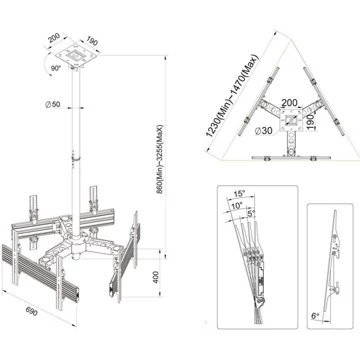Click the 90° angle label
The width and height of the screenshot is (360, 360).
pyautogui.click(x=55, y=68)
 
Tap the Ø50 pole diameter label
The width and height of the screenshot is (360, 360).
pyautogui.click(x=53, y=104)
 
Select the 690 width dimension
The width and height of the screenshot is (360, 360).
pyautogui.click(x=32, y=312)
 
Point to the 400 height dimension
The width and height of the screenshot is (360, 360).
pyautogui.click(x=156, y=276)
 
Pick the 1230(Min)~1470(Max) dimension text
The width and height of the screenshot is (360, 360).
pyautogui.click(x=232, y=95)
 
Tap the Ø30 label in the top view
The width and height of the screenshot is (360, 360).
pyautogui.click(x=264, y=131)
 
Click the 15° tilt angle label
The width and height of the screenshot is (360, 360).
pyautogui.click(x=239, y=194)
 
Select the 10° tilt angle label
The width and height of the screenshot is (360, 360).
pyautogui.click(x=236, y=205)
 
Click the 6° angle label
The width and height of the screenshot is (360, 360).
pyautogui.click(x=315, y=315)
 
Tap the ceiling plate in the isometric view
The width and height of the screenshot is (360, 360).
pyautogui.click(x=79, y=55)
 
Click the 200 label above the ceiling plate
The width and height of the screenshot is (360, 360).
pyautogui.click(x=54, y=38)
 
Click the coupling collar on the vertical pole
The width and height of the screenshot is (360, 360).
pyautogui.click(x=76, y=157)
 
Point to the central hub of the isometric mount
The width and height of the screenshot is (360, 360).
pyautogui.click(x=76, y=242)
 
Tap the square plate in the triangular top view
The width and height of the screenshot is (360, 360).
pyautogui.click(x=292, y=120)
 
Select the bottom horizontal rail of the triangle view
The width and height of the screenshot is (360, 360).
pyautogui.click(x=291, y=157)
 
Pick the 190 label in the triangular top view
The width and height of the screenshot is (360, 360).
pyautogui.click(x=309, y=120)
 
